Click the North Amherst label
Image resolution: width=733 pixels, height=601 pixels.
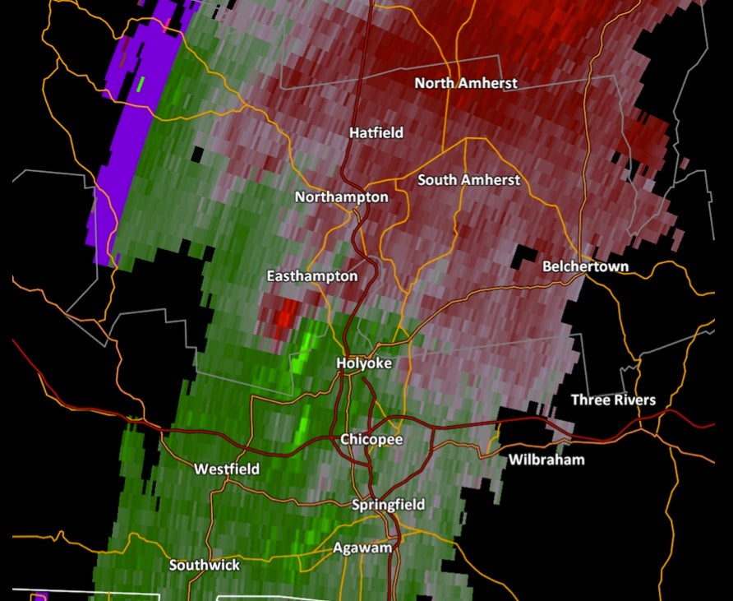[465, 83]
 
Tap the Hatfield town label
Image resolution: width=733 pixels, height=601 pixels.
[376, 132]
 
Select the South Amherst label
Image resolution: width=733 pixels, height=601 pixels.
[468, 179]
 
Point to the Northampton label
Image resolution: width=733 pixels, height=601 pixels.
[341, 197]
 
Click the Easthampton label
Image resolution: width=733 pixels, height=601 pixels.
[312, 276]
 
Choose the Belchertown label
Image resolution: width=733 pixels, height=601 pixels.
[585, 266]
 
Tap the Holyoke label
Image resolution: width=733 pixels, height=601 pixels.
[364, 363]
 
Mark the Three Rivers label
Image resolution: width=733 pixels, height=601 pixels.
[613, 400]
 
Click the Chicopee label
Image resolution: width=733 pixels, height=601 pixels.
[371, 440]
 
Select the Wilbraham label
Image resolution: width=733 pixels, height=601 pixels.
[546, 459]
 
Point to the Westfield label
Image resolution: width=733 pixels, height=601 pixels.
[227, 469]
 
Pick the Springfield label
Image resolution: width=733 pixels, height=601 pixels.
[388, 504]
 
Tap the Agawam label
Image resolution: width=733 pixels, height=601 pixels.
[362, 548]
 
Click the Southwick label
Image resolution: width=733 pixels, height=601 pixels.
[205, 565]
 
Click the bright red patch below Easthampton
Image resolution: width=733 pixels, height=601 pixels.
[286, 313]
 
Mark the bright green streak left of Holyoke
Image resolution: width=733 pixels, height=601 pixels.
[304, 349]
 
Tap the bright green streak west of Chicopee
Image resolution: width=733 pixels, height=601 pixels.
[303, 423]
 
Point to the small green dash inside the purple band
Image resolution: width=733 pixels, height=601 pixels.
[141, 83]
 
